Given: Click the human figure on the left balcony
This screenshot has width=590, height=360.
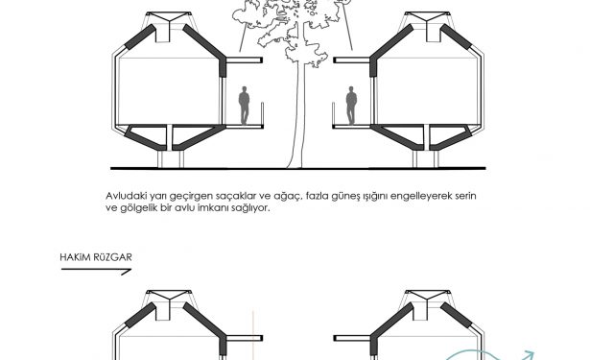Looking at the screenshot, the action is pyautogui.click(x=244, y=106).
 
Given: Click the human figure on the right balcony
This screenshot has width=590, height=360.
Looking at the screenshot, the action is pyautogui.click(x=351, y=106).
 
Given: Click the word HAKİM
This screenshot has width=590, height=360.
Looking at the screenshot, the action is pyautogui.click(x=75, y=257).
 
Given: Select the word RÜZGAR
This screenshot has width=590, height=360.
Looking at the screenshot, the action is pyautogui.click(x=113, y=257).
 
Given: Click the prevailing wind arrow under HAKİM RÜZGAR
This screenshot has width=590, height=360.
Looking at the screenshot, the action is pyautogui.click(x=96, y=270).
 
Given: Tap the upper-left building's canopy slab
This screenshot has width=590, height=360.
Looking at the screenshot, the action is pyautogui.click(x=245, y=60).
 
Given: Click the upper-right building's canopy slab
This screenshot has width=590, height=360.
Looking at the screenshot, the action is pyautogui.click(x=352, y=60).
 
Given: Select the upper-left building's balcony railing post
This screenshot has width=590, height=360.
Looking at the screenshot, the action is pyautogui.click(x=262, y=113).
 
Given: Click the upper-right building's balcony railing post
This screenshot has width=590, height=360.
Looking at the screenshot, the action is pyautogui.click(x=334, y=113).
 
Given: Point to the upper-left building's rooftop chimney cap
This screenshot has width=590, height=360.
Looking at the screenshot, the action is pyautogui.click(x=169, y=17).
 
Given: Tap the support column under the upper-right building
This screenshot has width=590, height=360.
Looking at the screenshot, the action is pyautogui.click(x=426, y=158).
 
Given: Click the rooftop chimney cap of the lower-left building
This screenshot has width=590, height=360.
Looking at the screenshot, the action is pyautogui.click(x=169, y=296).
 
